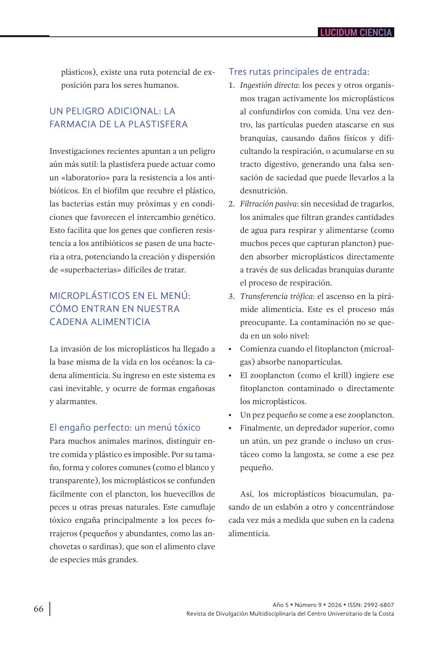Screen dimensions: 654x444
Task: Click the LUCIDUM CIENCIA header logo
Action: pos(356,32)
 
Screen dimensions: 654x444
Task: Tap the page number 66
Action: pos(39,609)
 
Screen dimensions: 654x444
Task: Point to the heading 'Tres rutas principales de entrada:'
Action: pos(299,72)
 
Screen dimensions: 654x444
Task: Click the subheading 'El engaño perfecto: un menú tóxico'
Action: pos(125,427)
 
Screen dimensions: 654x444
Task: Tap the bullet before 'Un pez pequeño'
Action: pos(230,415)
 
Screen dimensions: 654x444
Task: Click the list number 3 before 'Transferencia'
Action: pos(231,296)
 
